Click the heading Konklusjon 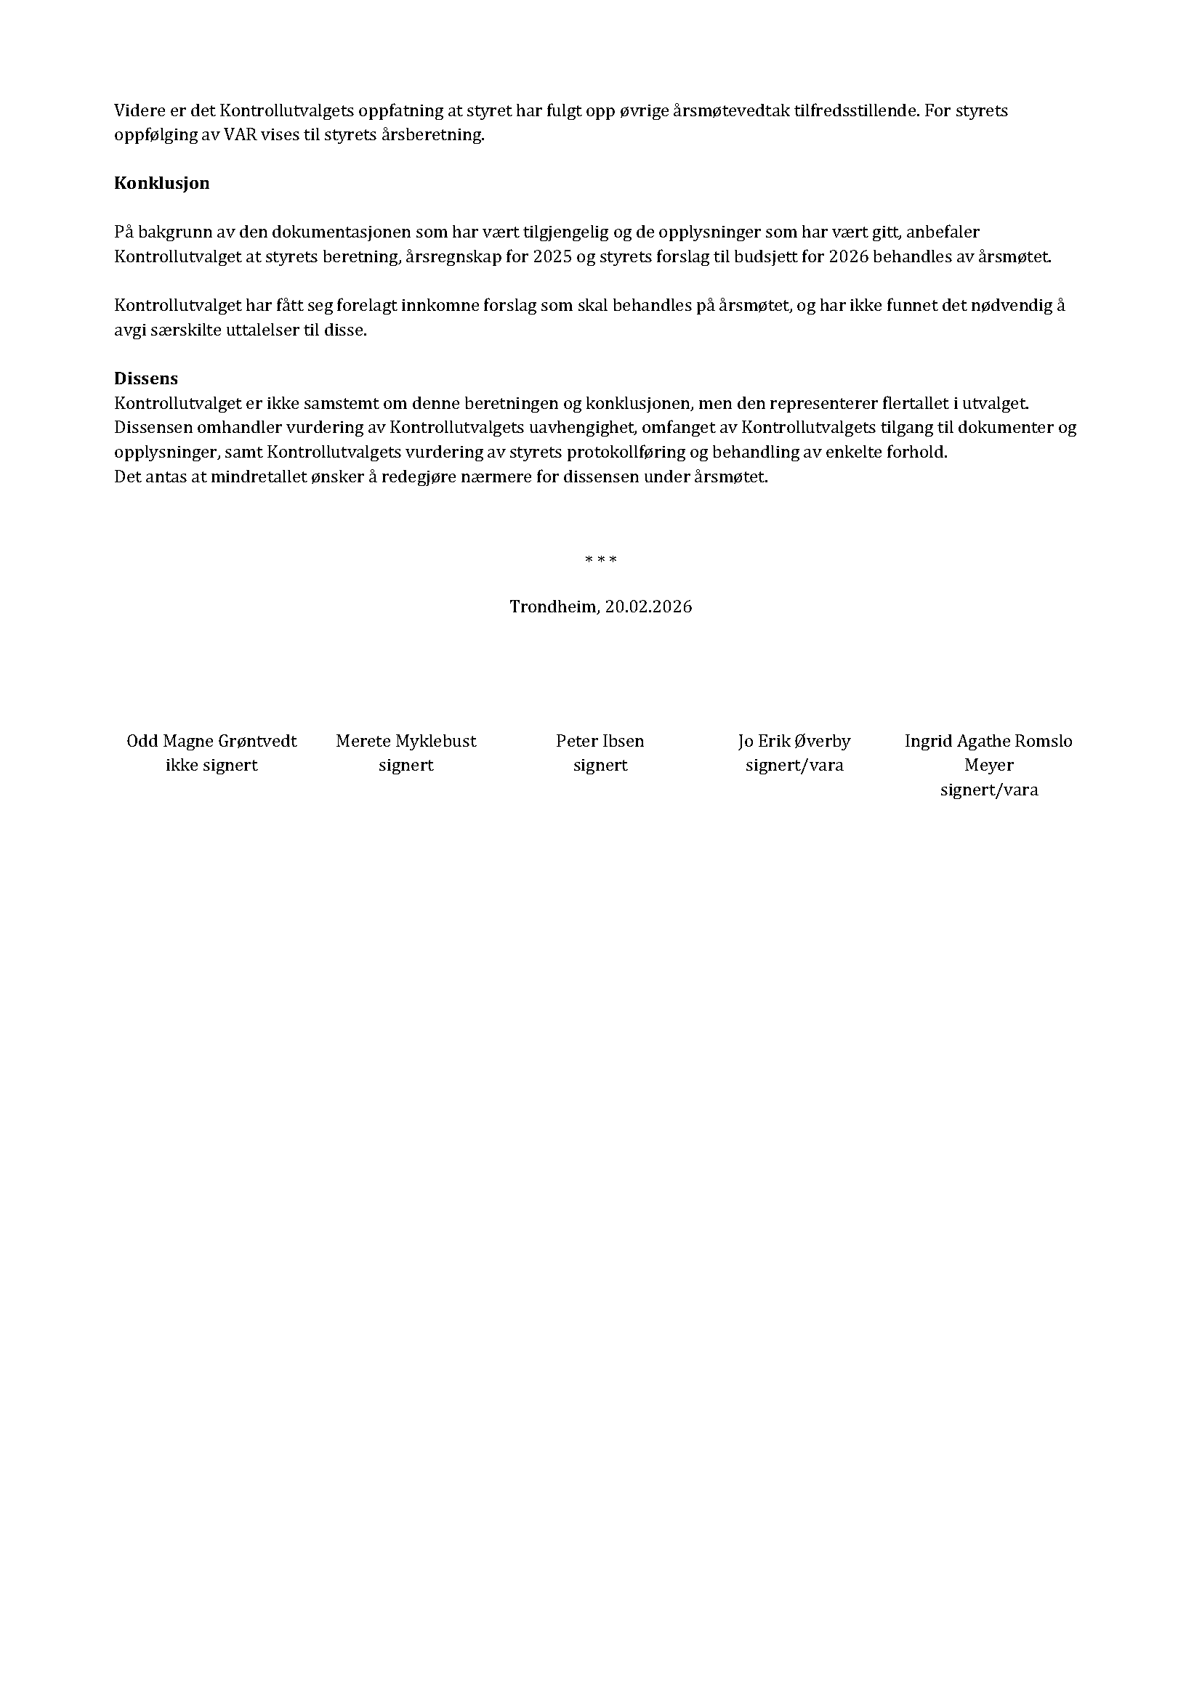(x=161, y=184)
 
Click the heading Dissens (x=146, y=379)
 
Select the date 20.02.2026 (x=648, y=607)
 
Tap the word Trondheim (x=553, y=607)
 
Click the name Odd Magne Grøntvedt (x=211, y=741)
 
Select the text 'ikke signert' (x=211, y=765)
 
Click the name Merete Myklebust (x=406, y=741)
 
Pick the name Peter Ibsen (x=600, y=741)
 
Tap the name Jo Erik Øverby (x=794, y=741)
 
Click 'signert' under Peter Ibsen (x=600, y=765)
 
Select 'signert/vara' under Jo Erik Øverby (x=794, y=765)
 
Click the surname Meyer (x=989, y=765)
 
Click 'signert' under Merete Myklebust (x=406, y=765)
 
